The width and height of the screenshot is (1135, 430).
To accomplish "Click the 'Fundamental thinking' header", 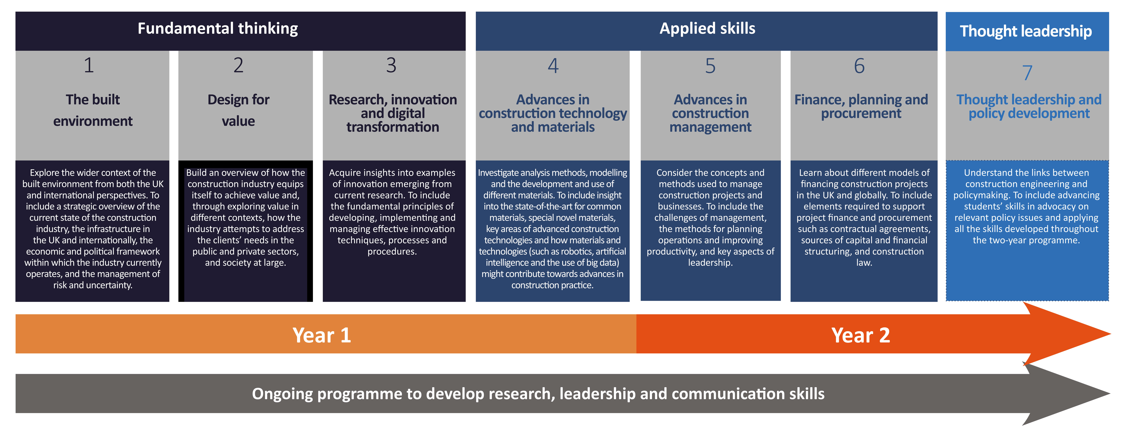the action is tap(218, 29).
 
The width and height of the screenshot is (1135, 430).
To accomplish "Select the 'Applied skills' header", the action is tap(707, 29).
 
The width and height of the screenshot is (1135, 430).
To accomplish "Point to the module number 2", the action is tap(238, 65).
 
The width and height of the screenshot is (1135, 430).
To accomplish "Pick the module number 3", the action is tap(391, 65).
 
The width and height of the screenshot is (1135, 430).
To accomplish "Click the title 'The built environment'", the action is tap(93, 110).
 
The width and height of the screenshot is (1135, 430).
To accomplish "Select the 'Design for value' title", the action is tap(238, 110).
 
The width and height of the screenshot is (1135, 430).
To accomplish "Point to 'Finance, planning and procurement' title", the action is tap(861, 107).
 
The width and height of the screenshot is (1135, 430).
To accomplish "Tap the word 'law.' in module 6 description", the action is tap(864, 263).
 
